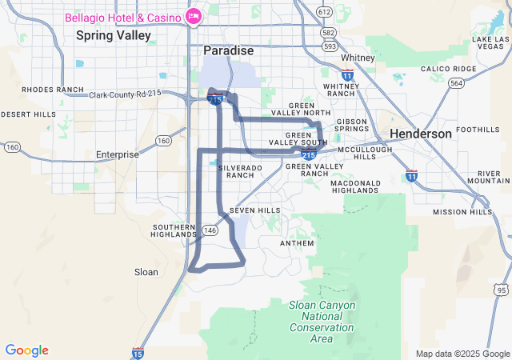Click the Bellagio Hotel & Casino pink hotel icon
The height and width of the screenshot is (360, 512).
click(x=193, y=16)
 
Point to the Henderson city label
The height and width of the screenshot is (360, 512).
click(x=420, y=134)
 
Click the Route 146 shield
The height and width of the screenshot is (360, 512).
click(x=210, y=230)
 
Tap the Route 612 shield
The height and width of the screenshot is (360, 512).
click(x=324, y=12)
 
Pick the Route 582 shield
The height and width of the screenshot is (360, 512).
click(x=327, y=33)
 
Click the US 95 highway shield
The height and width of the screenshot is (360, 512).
click(x=502, y=289)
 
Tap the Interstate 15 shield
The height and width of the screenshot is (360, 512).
click(x=138, y=352)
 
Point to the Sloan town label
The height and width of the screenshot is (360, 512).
click(x=146, y=272)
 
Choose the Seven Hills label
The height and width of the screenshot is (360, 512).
click(x=255, y=210)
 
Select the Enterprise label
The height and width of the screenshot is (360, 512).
click(x=117, y=154)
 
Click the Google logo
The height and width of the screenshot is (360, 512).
click(x=27, y=350)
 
